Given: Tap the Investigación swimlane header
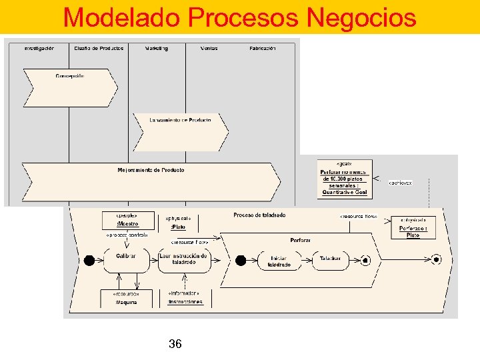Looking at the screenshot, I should (39, 48).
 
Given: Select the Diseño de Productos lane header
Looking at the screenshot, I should (99, 48).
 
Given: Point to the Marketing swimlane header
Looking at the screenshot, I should (157, 48).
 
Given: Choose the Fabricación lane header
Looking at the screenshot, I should (263, 48).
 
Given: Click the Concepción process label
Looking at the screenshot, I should (70, 75).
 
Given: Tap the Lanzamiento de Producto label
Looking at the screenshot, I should (180, 120).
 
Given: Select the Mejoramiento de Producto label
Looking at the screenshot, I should (151, 170).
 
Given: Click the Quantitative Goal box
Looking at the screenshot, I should (345, 179).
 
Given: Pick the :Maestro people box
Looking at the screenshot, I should (127, 221).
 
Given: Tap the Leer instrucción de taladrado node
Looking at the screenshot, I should (184, 259).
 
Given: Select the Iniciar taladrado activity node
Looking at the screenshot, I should (279, 261).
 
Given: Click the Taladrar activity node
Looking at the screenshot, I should (330, 259).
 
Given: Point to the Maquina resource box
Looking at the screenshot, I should (126, 298).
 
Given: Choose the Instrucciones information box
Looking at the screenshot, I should (185, 298).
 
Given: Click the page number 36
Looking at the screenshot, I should (175, 344).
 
